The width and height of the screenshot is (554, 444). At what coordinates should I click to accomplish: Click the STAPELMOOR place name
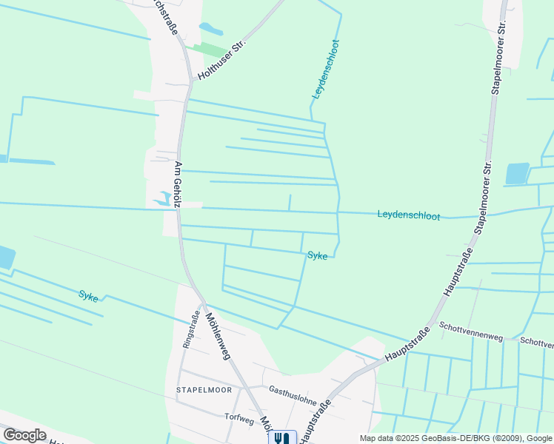click(204, 389)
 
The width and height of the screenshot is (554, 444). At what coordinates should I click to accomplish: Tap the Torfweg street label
click(239, 417)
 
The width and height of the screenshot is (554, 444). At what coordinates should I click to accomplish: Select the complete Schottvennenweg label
click(471, 331)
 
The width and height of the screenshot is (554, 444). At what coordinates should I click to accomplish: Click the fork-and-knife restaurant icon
click(281, 438)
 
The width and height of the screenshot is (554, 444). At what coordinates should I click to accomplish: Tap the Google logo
click(24, 435)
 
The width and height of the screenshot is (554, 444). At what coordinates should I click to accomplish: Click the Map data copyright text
click(455, 438)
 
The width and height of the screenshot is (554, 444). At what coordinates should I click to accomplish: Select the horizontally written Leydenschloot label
click(408, 215)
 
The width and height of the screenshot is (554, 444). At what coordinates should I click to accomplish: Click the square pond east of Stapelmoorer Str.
click(517, 173)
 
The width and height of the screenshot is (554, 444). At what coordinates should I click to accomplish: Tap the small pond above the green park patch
click(210, 29)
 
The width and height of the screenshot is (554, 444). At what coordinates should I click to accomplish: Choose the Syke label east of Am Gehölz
click(318, 256)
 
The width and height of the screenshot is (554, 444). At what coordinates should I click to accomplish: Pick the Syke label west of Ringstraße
click(88, 296)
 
